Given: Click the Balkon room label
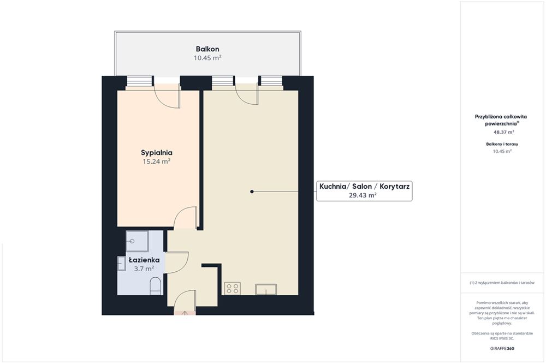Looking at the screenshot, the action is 207,49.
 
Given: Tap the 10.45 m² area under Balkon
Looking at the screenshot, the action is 207,58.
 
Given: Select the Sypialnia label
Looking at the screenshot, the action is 157,152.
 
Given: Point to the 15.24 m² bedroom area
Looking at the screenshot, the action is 157,161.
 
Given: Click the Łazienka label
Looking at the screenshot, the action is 144,260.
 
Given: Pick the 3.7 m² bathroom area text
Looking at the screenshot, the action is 144,268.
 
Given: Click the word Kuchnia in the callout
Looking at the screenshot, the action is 333,186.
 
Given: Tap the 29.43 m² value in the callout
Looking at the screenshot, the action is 363,195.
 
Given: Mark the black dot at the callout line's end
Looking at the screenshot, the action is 252,192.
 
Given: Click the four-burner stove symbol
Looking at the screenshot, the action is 232,289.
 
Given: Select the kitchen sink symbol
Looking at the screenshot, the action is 266,289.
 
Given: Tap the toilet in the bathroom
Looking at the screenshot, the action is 155,286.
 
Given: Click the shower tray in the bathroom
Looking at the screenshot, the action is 137,241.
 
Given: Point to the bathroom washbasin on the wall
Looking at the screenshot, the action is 122,264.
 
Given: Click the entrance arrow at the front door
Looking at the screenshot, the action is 185,313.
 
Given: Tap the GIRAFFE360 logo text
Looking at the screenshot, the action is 502,348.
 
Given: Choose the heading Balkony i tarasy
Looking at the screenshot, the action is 502,144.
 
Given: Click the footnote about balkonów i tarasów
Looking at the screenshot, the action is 502,283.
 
